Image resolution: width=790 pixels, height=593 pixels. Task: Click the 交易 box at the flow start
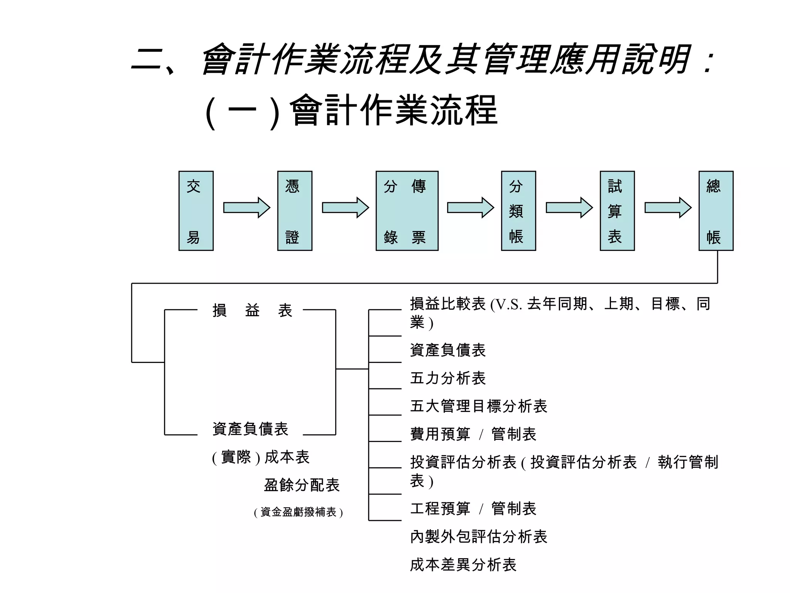(196, 211)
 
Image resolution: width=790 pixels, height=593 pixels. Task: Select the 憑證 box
(295, 211)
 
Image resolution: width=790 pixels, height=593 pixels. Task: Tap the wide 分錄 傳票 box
(407, 211)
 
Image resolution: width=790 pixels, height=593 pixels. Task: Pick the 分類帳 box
(518, 211)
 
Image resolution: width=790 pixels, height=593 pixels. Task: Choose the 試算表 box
(617, 211)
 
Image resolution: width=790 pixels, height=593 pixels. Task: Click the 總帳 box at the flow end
(716, 211)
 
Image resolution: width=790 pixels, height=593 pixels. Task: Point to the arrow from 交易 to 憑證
(246, 208)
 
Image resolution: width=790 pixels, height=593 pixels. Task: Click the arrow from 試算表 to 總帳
(668, 208)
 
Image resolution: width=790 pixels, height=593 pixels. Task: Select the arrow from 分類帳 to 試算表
(569, 208)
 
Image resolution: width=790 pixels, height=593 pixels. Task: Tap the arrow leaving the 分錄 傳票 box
(470, 208)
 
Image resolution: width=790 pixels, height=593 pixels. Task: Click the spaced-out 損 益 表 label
(253, 310)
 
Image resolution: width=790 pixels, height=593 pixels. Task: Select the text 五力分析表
(447, 378)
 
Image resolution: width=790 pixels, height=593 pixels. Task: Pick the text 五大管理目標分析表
(478, 406)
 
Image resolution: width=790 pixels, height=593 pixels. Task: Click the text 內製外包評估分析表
(478, 537)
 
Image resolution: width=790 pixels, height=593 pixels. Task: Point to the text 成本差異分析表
(463, 565)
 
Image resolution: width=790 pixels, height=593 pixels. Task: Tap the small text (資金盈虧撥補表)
(298, 512)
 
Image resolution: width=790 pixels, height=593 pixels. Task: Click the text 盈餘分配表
(302, 485)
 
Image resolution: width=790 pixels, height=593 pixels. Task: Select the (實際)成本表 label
(261, 457)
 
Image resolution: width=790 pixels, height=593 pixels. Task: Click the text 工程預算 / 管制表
(473, 509)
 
